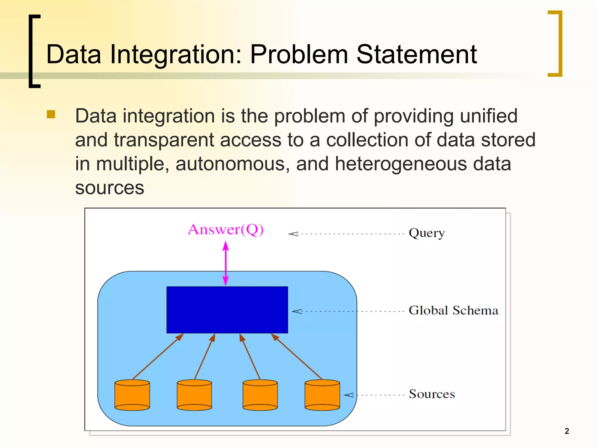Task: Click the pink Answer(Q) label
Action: pyautogui.click(x=226, y=230)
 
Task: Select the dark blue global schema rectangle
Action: pyautogui.click(x=227, y=310)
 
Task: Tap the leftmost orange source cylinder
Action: pyautogui.click(x=132, y=395)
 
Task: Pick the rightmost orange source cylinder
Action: pyautogui.click(x=322, y=395)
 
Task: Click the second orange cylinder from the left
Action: pyautogui.click(x=194, y=395)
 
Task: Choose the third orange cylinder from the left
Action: pyautogui.click(x=260, y=395)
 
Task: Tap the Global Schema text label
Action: pyautogui.click(x=453, y=310)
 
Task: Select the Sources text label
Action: pyautogui.click(x=432, y=394)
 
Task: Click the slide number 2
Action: pyautogui.click(x=567, y=431)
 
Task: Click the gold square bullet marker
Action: pyautogui.click(x=51, y=114)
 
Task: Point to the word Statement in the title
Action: pyautogui.click(x=417, y=54)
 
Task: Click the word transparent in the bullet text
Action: pyautogui.click(x=164, y=140)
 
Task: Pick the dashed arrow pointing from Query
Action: pyautogui.click(x=347, y=234)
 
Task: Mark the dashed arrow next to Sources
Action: pyautogui.click(x=375, y=395)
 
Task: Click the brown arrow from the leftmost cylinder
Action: pyautogui.click(x=158, y=356)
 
